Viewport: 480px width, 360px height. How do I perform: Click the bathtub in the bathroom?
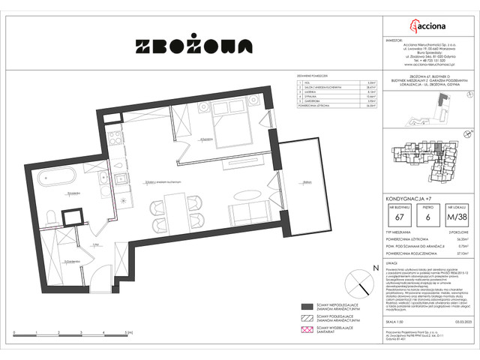[x=52, y=181]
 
